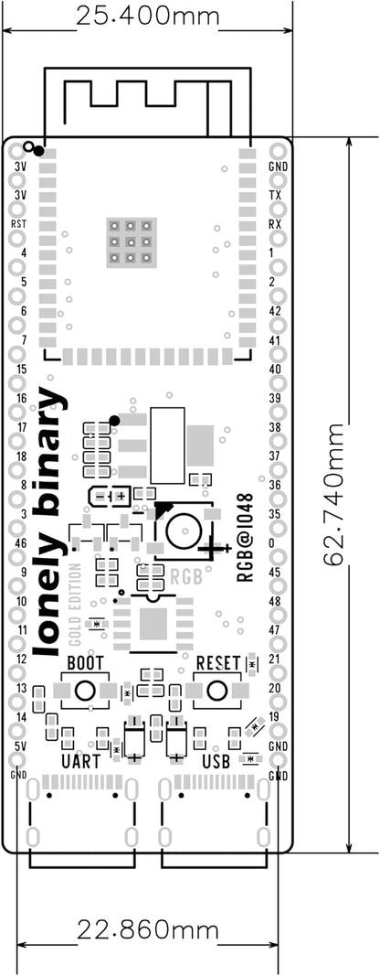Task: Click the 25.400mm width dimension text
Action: click(x=147, y=16)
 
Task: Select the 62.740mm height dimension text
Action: click(x=335, y=494)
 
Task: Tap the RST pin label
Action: click(x=19, y=223)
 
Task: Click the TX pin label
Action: click(x=275, y=195)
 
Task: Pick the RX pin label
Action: click(x=275, y=223)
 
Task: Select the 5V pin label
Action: click(x=20, y=745)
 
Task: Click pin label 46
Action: click(x=20, y=542)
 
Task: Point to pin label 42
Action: click(x=275, y=311)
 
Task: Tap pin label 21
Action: click(x=275, y=660)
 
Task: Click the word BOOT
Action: click(x=86, y=661)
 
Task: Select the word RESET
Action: click(x=217, y=661)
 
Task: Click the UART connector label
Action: click(x=81, y=761)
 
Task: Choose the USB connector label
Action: click(x=216, y=761)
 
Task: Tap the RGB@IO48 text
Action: click(x=245, y=537)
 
